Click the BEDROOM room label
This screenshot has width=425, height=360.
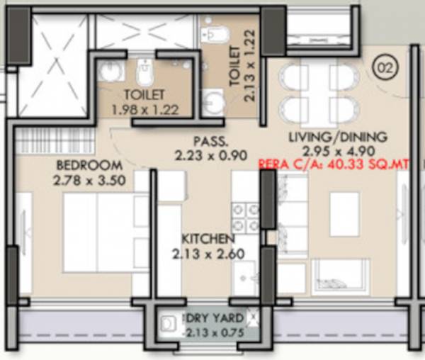[x=88, y=165]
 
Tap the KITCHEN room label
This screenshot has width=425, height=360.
[x=207, y=238]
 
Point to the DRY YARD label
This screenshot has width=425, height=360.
[x=215, y=317]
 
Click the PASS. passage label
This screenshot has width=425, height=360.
[x=210, y=140]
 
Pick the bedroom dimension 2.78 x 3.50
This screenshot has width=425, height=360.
[x=89, y=180]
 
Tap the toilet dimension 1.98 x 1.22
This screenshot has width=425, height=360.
[x=144, y=109]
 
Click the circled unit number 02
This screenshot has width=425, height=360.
[x=386, y=69]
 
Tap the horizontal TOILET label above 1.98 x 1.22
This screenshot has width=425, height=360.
[x=144, y=95]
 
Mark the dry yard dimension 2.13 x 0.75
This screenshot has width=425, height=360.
[x=215, y=332]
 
